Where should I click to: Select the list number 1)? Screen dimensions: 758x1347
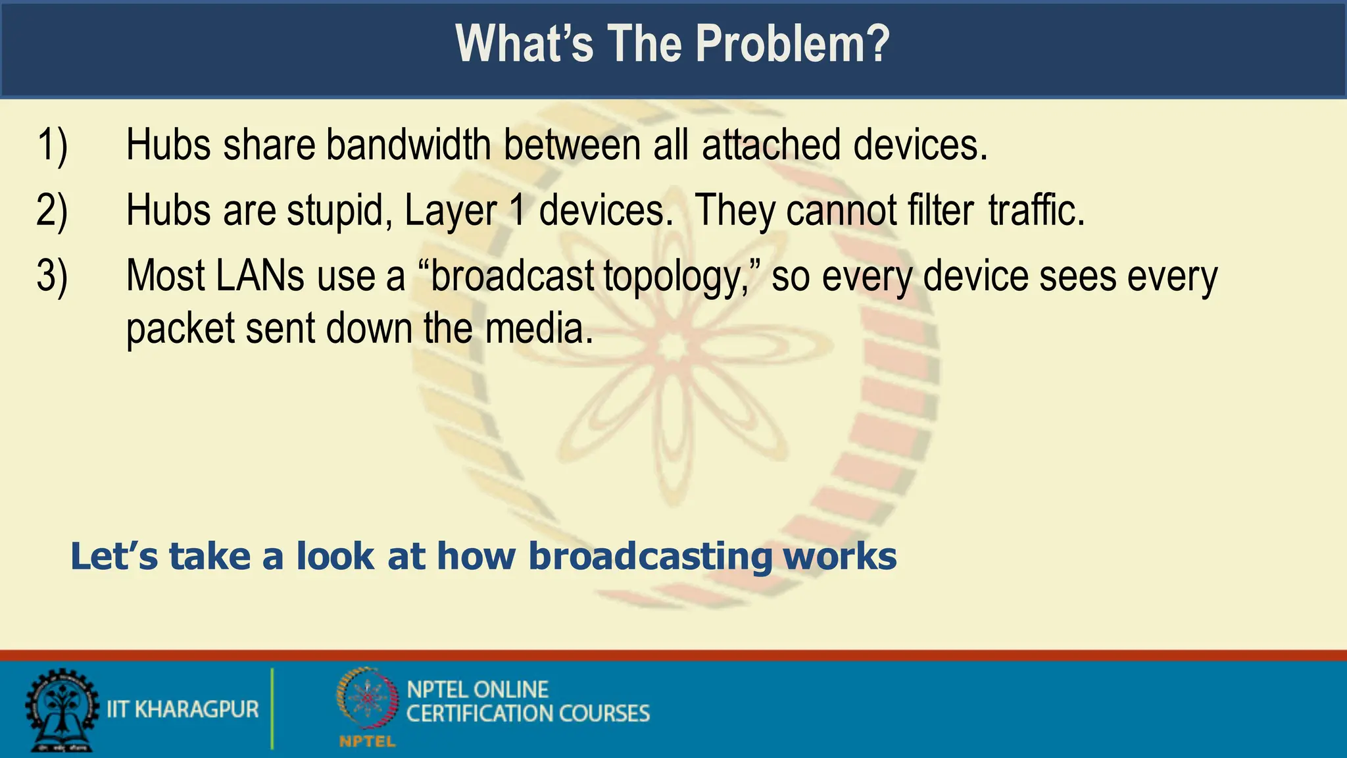point(52,145)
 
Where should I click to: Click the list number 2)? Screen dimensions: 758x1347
point(52,211)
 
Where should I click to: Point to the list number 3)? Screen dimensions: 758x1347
point(52,276)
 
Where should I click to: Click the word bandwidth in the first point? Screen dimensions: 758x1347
point(408,145)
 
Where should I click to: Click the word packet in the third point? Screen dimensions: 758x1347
point(180,330)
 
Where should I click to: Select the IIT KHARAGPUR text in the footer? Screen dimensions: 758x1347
point(183,709)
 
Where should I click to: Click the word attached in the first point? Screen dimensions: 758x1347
point(771,145)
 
